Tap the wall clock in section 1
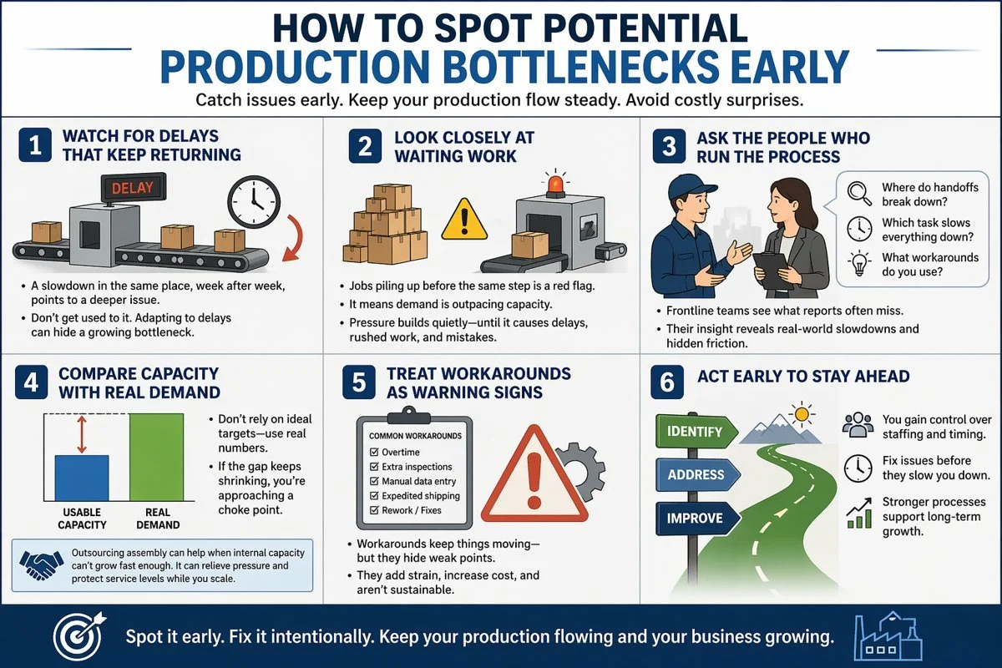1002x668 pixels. pyautogui.click(x=252, y=202)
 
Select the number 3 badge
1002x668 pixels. pyautogui.click(x=668, y=146)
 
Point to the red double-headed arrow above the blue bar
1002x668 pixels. pyautogui.click(x=81, y=433)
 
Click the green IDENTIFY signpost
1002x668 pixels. pyautogui.click(x=695, y=433)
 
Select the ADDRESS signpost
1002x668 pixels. pyautogui.click(x=696, y=475)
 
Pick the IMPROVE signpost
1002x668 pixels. pyautogui.click(x=696, y=519)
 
